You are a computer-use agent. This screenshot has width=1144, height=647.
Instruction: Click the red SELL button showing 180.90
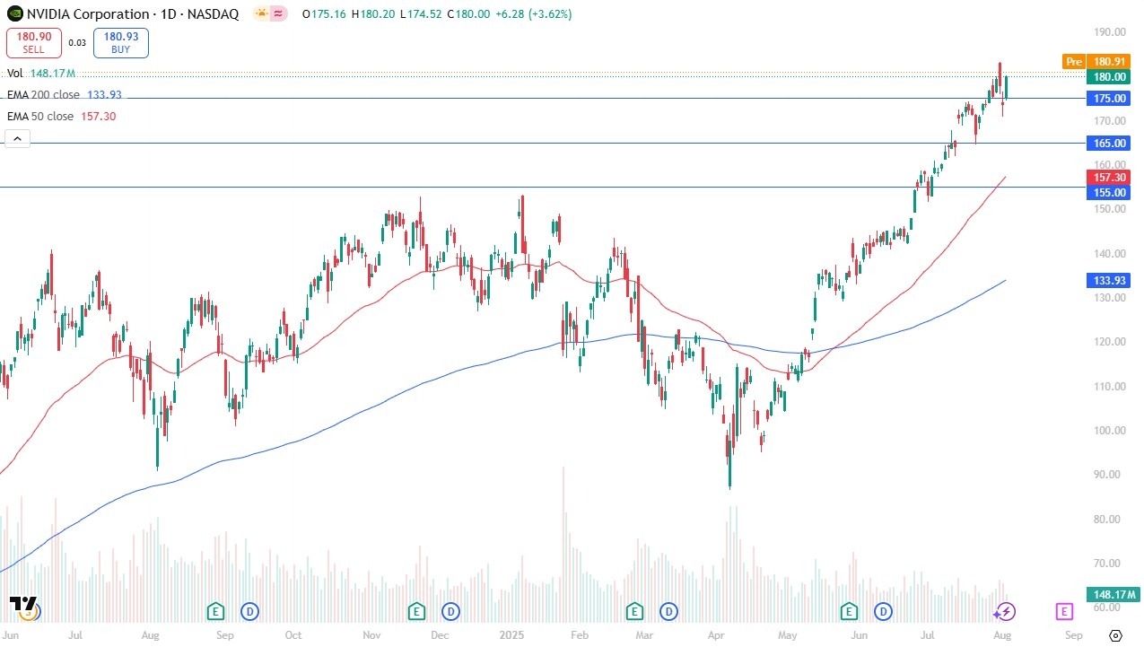(34, 42)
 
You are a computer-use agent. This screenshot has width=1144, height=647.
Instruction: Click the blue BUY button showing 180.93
(120, 42)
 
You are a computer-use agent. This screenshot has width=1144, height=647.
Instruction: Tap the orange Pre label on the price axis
(1073, 61)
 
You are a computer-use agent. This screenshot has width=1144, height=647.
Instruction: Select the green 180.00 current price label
(1110, 77)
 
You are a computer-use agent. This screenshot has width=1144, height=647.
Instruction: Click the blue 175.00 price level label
(1110, 99)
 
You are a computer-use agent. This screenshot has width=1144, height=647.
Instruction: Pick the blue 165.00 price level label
(1110, 143)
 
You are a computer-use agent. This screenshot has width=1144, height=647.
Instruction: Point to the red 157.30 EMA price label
(1110, 178)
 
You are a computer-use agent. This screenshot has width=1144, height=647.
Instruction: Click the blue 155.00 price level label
(1110, 192)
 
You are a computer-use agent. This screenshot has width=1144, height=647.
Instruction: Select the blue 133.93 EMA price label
(1110, 281)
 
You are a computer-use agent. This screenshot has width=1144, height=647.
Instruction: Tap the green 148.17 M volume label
(1113, 594)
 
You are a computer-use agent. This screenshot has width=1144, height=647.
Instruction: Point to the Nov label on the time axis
(371, 635)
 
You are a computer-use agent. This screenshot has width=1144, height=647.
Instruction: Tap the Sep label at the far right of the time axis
(1073, 635)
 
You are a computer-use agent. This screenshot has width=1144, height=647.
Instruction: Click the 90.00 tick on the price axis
(1110, 475)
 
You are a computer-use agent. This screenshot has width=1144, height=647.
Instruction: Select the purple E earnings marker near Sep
(1064, 612)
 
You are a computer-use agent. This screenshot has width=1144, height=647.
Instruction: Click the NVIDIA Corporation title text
(88, 14)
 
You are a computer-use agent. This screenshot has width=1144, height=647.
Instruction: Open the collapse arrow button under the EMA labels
(17, 138)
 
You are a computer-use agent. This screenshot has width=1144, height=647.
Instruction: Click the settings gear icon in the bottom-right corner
(1115, 634)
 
